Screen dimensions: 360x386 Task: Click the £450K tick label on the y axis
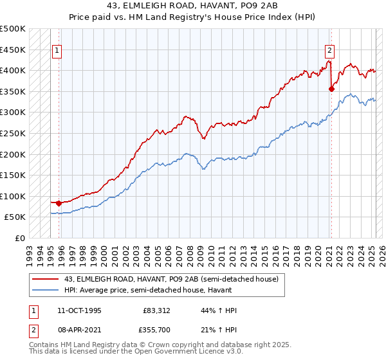pos(13,50)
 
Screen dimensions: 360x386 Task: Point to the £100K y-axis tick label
pos(13,196)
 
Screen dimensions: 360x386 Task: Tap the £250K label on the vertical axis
pos(13,133)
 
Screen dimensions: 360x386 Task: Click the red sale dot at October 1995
pos(59,203)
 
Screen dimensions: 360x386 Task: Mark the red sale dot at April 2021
pos(331,89)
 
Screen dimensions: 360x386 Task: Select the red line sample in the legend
pos(44,279)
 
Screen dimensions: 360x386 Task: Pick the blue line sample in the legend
pos(44,290)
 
